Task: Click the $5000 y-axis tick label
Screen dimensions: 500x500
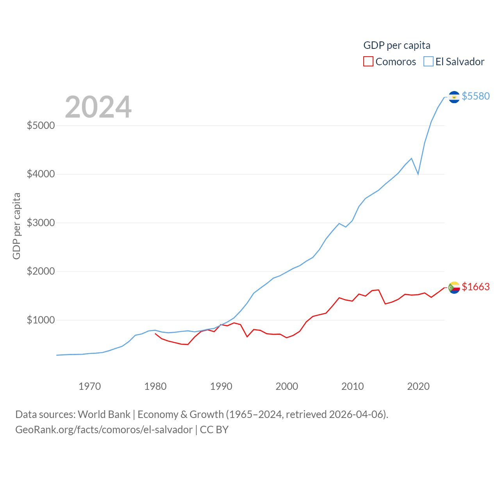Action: click(41, 125)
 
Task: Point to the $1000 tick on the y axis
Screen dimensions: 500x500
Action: click(41, 320)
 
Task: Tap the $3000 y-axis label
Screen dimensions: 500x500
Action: click(41, 223)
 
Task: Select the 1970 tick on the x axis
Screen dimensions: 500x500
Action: click(89, 386)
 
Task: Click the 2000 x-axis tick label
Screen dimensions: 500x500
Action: click(287, 386)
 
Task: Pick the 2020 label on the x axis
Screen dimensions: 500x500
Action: click(418, 386)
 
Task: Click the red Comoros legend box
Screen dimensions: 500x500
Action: click(368, 62)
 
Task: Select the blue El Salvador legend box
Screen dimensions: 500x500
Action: click(429, 62)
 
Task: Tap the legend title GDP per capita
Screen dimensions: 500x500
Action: click(397, 45)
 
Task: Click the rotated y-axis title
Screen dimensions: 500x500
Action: click(16, 226)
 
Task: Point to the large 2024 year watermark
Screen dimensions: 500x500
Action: click(98, 107)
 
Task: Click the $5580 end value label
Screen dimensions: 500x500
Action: click(475, 96)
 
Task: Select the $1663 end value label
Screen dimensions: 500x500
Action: click(475, 287)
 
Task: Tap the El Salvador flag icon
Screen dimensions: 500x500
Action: click(454, 96)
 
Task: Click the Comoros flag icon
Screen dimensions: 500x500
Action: click(454, 287)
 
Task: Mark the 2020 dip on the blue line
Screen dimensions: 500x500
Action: click(418, 174)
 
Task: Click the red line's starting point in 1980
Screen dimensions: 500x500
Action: click(155, 334)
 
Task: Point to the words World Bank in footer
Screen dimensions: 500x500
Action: click(104, 414)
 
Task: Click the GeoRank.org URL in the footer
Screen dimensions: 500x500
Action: click(104, 430)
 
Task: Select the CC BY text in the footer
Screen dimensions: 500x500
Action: click(214, 430)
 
